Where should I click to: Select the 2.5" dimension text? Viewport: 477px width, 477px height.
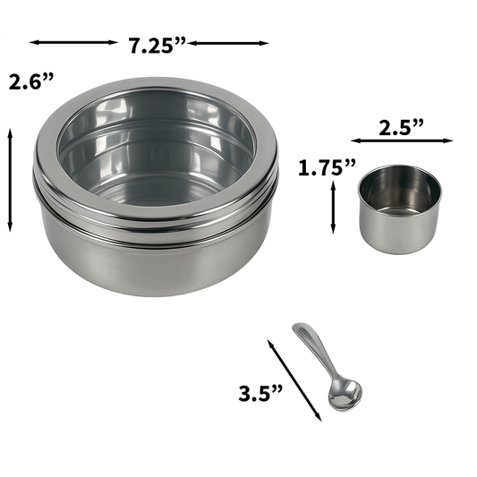coord(400,127)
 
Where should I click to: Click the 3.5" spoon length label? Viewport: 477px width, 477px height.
coord(260,392)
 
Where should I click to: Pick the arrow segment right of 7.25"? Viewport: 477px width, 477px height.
coord(229,41)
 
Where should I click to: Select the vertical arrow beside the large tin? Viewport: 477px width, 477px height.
coord(11,179)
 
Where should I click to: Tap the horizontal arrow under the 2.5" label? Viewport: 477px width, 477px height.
coord(401,141)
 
